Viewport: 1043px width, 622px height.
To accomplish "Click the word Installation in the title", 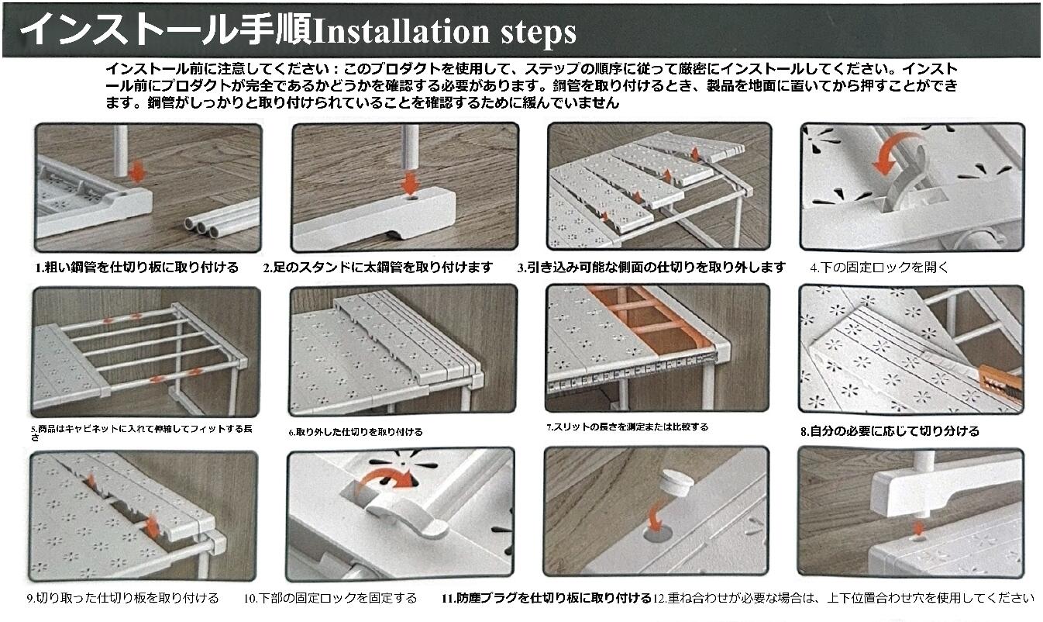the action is (401, 32).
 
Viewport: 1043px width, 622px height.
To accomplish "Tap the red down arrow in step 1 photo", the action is (136, 172).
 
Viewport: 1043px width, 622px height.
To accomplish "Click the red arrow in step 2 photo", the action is (410, 182).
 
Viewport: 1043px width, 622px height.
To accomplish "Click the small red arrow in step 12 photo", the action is (918, 529).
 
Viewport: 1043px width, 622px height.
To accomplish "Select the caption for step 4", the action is (879, 268).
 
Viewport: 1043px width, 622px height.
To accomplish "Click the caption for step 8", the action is (890, 431).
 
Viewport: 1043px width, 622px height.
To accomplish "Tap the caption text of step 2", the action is (378, 268).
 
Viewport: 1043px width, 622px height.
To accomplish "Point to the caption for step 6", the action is (356, 432).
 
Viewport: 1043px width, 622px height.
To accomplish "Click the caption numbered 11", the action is (546, 598).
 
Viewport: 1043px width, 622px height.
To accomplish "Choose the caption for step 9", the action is (123, 598).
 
